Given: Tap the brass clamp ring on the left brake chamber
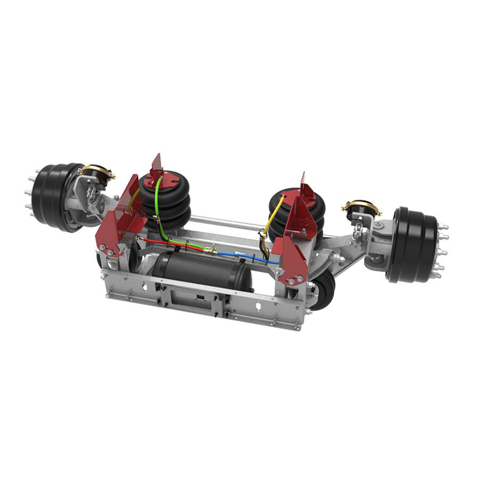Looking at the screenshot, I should pyautogui.click(x=97, y=170).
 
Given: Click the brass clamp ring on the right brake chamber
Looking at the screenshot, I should pyautogui.click(x=362, y=207).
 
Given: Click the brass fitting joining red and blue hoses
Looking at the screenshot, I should pyautogui.click(x=211, y=249).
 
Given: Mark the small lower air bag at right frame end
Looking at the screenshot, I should pyautogui.click(x=322, y=290).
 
